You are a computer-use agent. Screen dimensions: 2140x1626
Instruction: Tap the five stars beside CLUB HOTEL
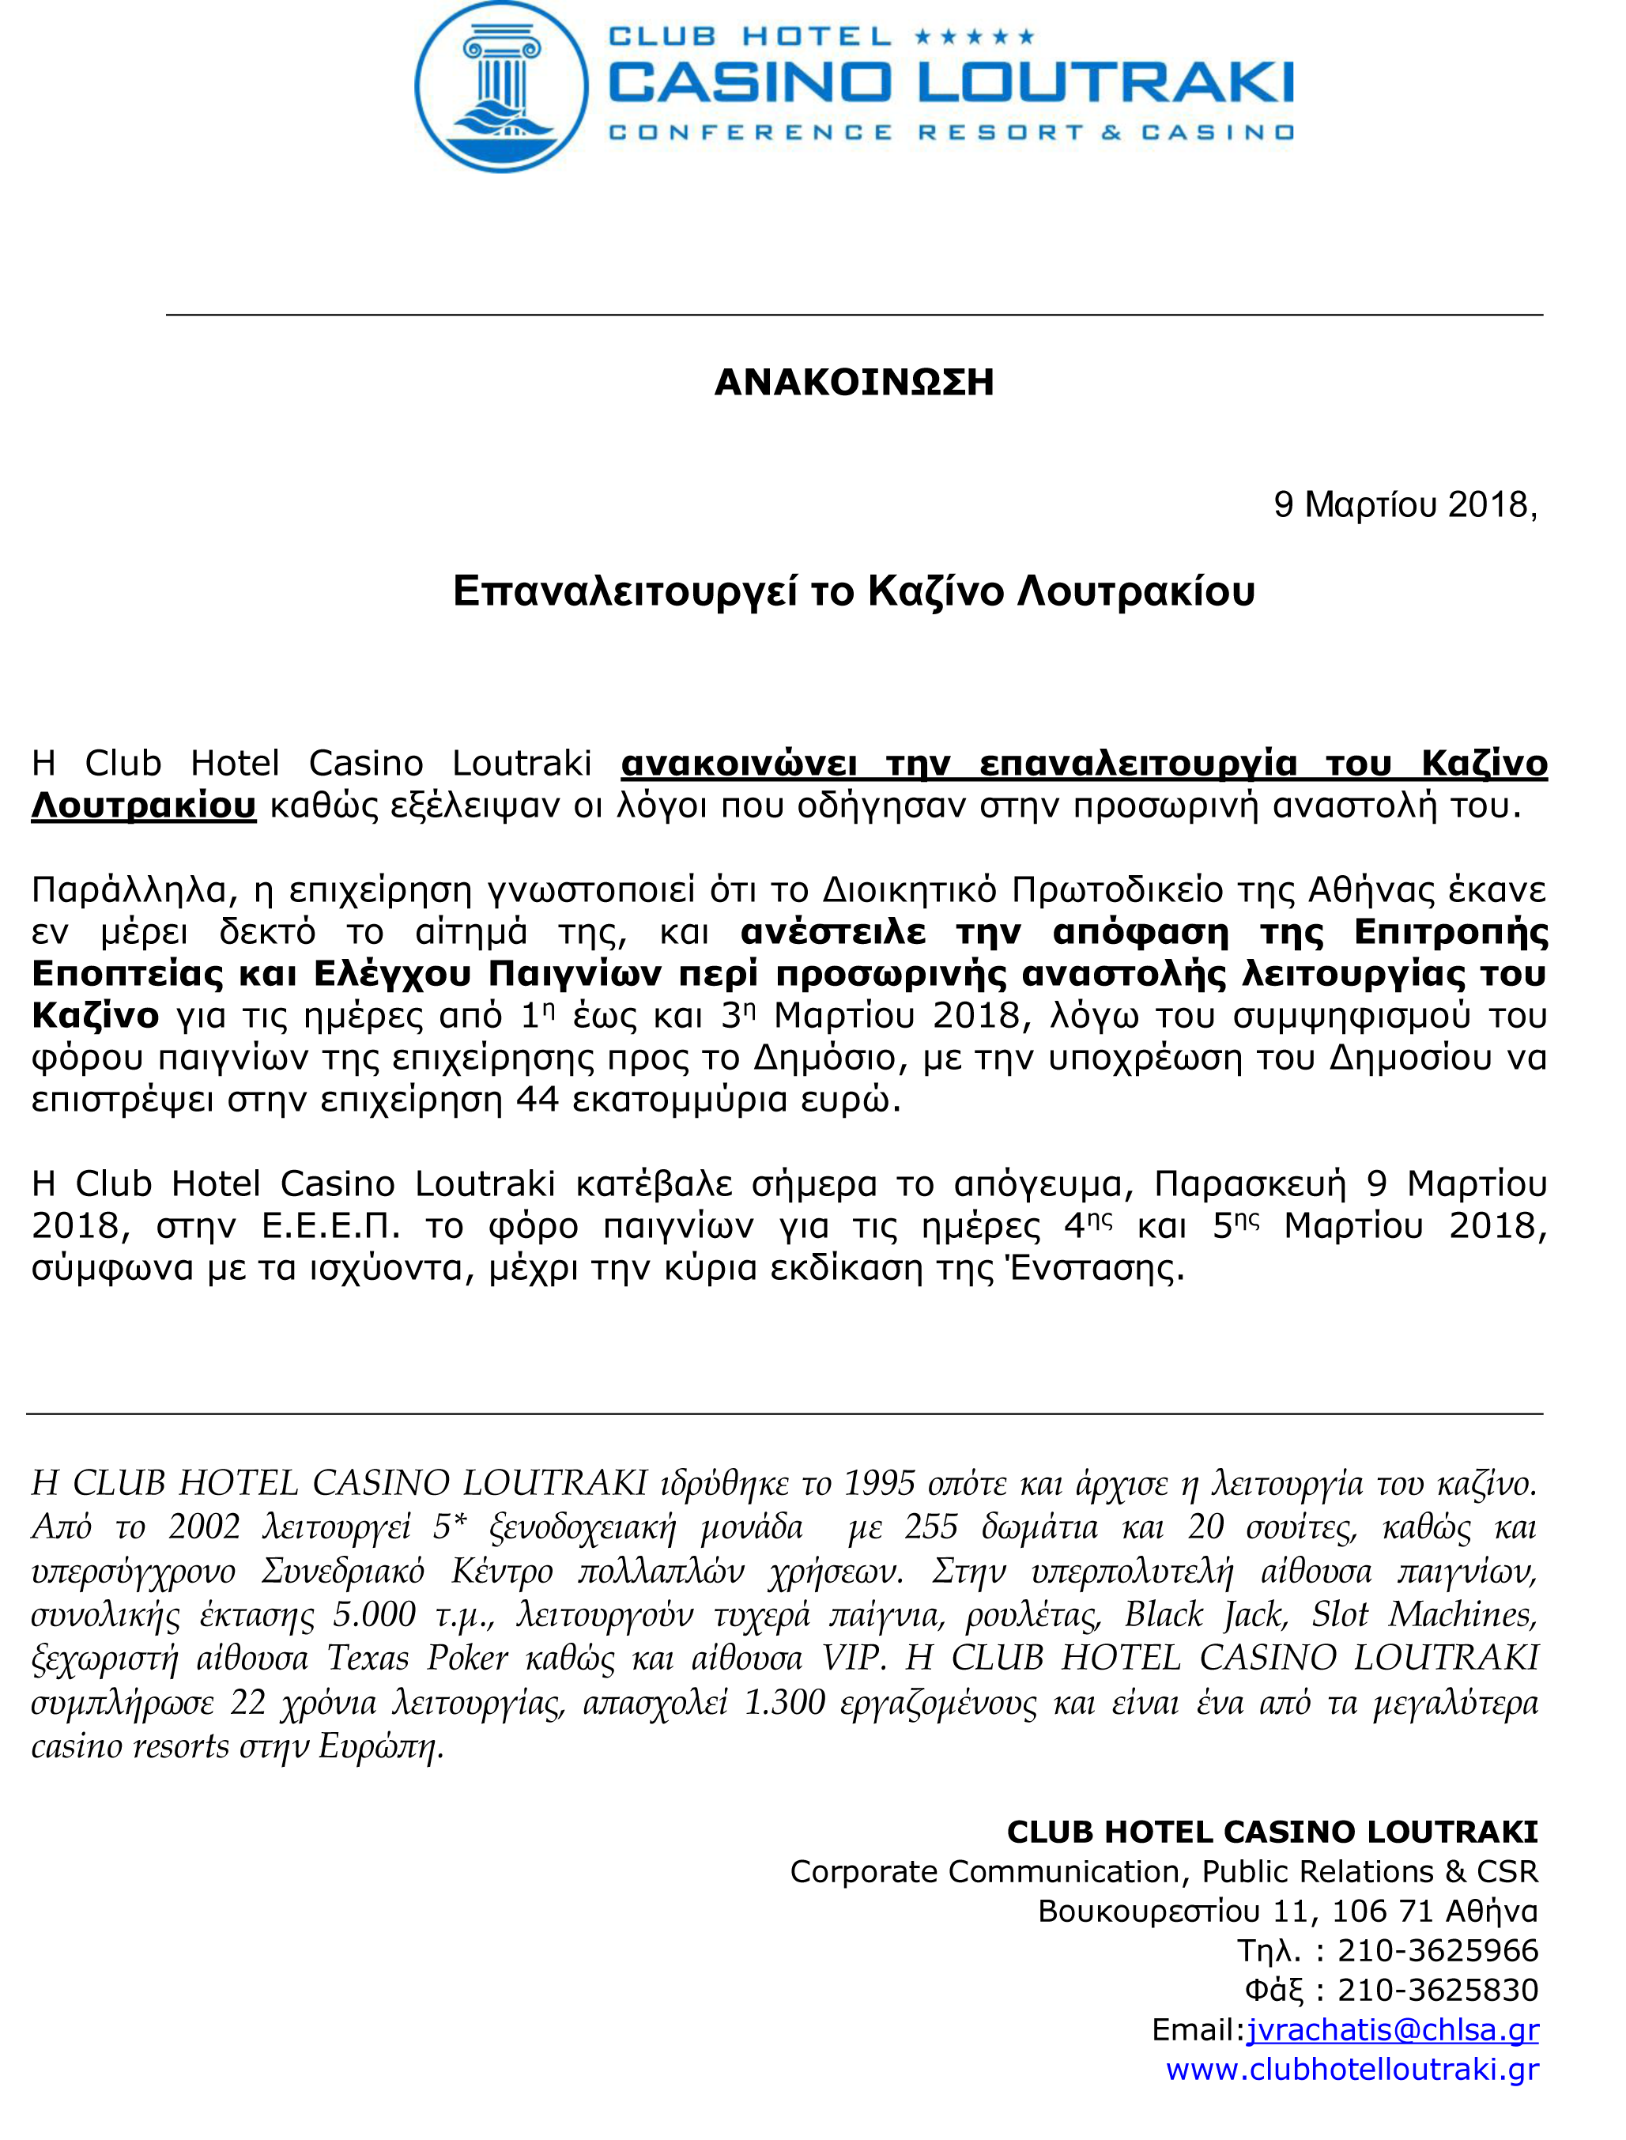[974, 38]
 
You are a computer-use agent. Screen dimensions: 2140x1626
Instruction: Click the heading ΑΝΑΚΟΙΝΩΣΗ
[854, 383]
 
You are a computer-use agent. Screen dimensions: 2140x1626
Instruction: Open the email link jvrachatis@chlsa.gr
[1392, 2029]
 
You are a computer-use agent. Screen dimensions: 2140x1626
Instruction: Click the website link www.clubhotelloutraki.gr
[1351, 2070]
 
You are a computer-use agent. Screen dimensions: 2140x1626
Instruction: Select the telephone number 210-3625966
[1437, 1950]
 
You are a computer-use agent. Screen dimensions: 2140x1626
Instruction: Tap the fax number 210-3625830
[1437, 1990]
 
